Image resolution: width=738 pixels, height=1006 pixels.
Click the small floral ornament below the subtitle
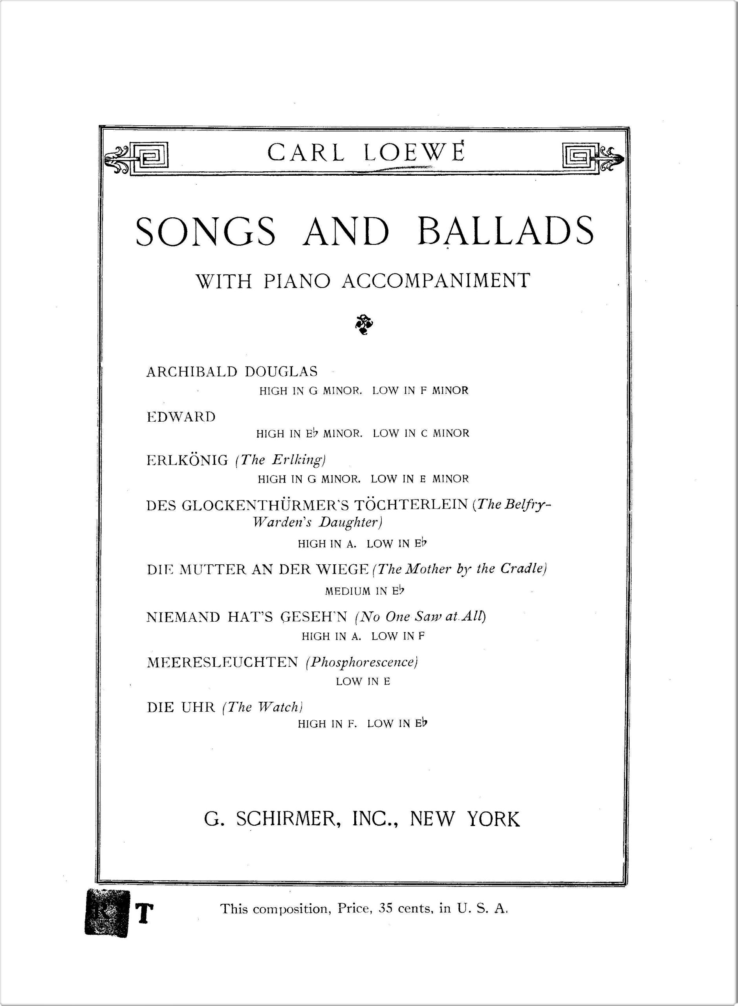click(x=364, y=325)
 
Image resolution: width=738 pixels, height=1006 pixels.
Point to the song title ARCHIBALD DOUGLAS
click(x=232, y=371)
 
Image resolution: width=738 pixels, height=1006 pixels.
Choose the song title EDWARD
click(x=181, y=417)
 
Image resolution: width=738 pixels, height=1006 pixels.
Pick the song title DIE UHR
click(x=181, y=707)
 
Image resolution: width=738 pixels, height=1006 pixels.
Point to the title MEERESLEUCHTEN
click(x=222, y=662)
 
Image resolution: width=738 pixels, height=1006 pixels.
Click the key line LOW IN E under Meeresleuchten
click(x=363, y=681)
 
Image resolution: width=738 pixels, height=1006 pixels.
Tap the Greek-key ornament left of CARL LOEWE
click(x=136, y=159)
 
